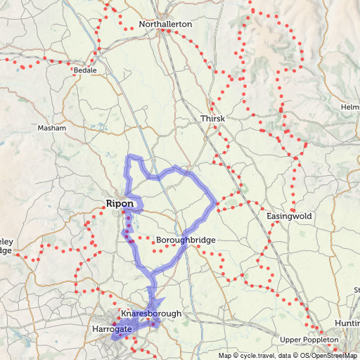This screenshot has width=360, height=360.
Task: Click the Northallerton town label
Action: [x=165, y=24]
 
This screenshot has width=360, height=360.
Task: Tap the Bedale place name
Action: [x=85, y=71]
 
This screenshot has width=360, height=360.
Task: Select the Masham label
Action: [x=52, y=129]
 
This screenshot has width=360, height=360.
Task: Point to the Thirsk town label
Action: [x=212, y=119]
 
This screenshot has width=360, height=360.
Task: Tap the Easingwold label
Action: [x=290, y=216]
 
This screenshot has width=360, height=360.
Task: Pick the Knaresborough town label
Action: [x=151, y=313]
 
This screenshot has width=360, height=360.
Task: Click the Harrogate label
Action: [x=112, y=328]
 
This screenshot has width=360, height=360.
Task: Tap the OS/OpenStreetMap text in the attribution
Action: [x=329, y=356]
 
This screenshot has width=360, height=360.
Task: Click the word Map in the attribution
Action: [x=225, y=356]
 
